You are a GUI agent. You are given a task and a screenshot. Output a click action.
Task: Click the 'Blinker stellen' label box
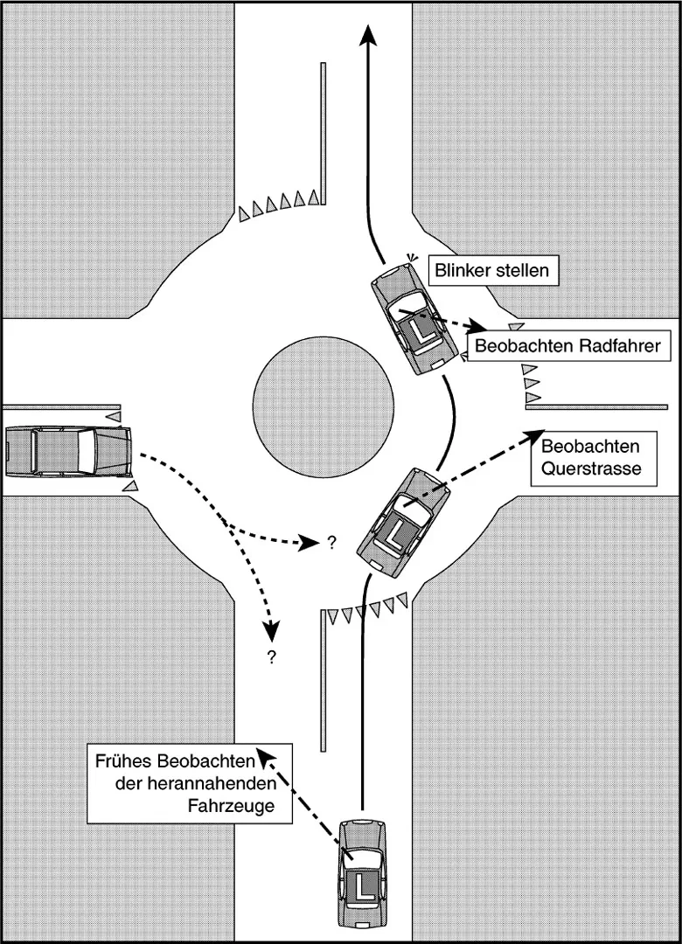(x=492, y=270)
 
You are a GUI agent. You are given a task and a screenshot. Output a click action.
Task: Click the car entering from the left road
(x=67, y=451)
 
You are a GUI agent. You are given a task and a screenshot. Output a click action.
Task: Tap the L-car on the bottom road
(x=361, y=872)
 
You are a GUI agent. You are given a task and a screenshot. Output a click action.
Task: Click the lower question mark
(x=272, y=657)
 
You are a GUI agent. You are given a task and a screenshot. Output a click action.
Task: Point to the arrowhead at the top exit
(x=368, y=35)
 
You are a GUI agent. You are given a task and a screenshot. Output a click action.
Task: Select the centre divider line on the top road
(x=324, y=131)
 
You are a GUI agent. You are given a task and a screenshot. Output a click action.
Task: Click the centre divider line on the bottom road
(x=324, y=682)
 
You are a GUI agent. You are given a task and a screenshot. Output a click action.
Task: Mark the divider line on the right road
(x=596, y=406)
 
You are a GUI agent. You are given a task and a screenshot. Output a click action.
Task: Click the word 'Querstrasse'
(x=590, y=469)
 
